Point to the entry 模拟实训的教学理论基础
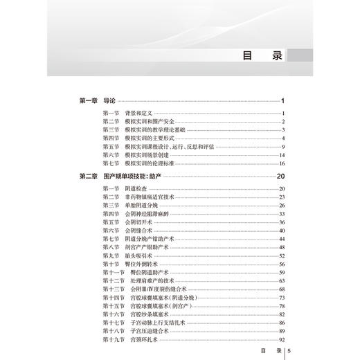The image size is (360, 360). (x=156, y=129)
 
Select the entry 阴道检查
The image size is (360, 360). (x=136, y=189)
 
